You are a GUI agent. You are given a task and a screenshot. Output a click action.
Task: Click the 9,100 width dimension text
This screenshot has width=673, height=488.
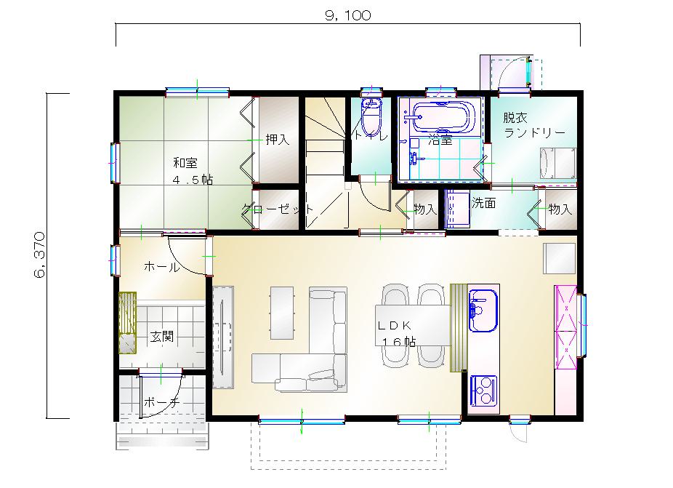tap(347, 15)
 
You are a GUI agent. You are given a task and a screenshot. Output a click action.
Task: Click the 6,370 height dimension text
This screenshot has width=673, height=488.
tap(39, 255)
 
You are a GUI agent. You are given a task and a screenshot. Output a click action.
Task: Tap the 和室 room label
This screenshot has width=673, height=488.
tap(185, 163)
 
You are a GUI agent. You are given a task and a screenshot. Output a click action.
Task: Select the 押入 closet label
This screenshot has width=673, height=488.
tap(278, 139)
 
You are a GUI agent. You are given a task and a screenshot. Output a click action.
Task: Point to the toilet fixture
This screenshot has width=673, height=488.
tap(371, 116)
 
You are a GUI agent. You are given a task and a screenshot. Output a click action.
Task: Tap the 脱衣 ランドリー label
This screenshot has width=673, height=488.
tap(534, 124)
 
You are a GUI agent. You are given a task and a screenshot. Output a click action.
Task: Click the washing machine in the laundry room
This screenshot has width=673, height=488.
tap(557, 163)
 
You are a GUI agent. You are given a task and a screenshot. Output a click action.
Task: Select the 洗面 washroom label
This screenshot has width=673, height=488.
tap(484, 203)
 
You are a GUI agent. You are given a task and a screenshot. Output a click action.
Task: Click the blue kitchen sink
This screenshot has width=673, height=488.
tap(483, 311)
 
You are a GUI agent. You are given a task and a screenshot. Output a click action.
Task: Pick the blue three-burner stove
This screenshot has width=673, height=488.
tap(484, 390)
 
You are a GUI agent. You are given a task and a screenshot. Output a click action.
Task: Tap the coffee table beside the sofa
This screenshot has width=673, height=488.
tap(282, 313)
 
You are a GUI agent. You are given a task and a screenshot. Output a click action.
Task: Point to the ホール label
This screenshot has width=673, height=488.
tap(162, 267)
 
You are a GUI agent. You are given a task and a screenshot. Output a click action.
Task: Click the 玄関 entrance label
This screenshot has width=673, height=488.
tap(162, 336)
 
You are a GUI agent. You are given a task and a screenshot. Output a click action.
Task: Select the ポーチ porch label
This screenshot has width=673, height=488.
tap(161, 402)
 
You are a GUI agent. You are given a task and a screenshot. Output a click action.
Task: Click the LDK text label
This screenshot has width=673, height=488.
tap(395, 325)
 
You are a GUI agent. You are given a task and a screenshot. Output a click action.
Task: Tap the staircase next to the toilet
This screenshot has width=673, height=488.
tap(325, 162)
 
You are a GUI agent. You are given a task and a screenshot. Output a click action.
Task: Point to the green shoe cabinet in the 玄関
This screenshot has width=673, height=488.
tap(127, 323)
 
